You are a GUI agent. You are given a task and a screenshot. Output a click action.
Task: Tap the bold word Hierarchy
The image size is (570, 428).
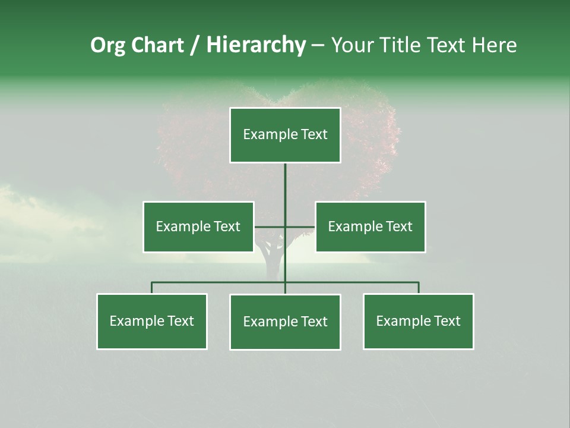coord(256,45)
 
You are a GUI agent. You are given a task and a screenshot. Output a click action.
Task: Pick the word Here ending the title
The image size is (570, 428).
coord(494,45)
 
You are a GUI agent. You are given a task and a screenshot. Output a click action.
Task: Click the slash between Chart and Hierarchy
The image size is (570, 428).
coord(195,46)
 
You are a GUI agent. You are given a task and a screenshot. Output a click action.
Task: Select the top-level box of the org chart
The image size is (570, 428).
coord(285,135)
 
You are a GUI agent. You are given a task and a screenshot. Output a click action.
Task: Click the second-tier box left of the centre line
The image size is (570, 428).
coord(198,226)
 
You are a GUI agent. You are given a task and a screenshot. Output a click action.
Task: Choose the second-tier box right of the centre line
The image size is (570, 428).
coord(370,226)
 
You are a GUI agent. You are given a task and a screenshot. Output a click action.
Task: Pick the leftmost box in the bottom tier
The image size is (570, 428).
coord(152,322)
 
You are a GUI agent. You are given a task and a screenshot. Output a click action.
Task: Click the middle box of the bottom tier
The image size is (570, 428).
coord(285,322)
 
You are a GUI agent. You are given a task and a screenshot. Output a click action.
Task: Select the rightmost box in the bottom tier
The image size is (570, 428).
coord(419,322)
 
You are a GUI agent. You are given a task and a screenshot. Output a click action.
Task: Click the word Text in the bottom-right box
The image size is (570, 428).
coord(447,322)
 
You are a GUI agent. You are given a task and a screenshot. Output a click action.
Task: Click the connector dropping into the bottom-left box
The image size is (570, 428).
coord(152,288)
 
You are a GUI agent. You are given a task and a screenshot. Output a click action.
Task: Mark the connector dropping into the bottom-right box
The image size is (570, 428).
coord(419,288)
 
